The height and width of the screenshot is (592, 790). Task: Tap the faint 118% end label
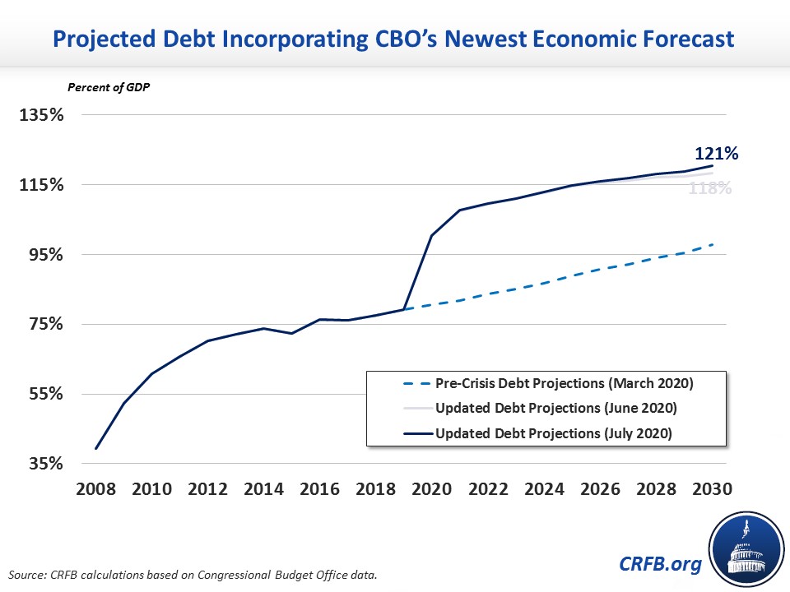click(x=709, y=188)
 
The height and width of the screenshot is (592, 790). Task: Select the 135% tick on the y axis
click(x=41, y=114)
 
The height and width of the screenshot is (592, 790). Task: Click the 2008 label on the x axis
click(x=95, y=489)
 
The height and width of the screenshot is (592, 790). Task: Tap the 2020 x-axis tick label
click(x=430, y=489)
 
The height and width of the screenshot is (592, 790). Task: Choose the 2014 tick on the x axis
click(x=263, y=489)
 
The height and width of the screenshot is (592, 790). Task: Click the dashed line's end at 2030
click(x=712, y=244)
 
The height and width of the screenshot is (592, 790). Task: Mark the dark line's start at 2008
click(x=96, y=449)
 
